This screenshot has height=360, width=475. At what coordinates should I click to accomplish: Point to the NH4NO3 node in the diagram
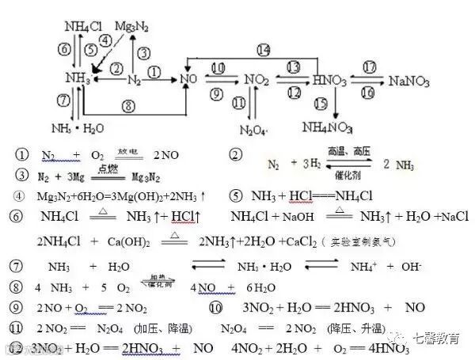(329, 127)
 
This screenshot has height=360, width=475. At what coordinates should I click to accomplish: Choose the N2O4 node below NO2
(255, 128)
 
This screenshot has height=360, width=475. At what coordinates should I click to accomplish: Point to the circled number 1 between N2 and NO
(154, 70)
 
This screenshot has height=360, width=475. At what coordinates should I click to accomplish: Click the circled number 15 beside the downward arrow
(319, 103)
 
